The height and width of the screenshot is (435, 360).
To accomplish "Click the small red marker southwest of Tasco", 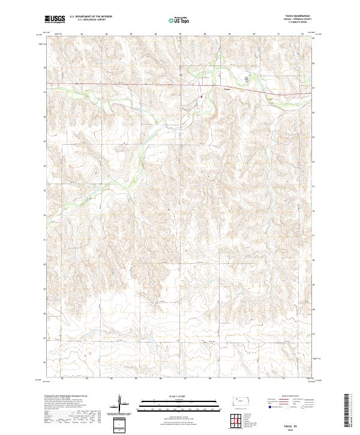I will [202, 96].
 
